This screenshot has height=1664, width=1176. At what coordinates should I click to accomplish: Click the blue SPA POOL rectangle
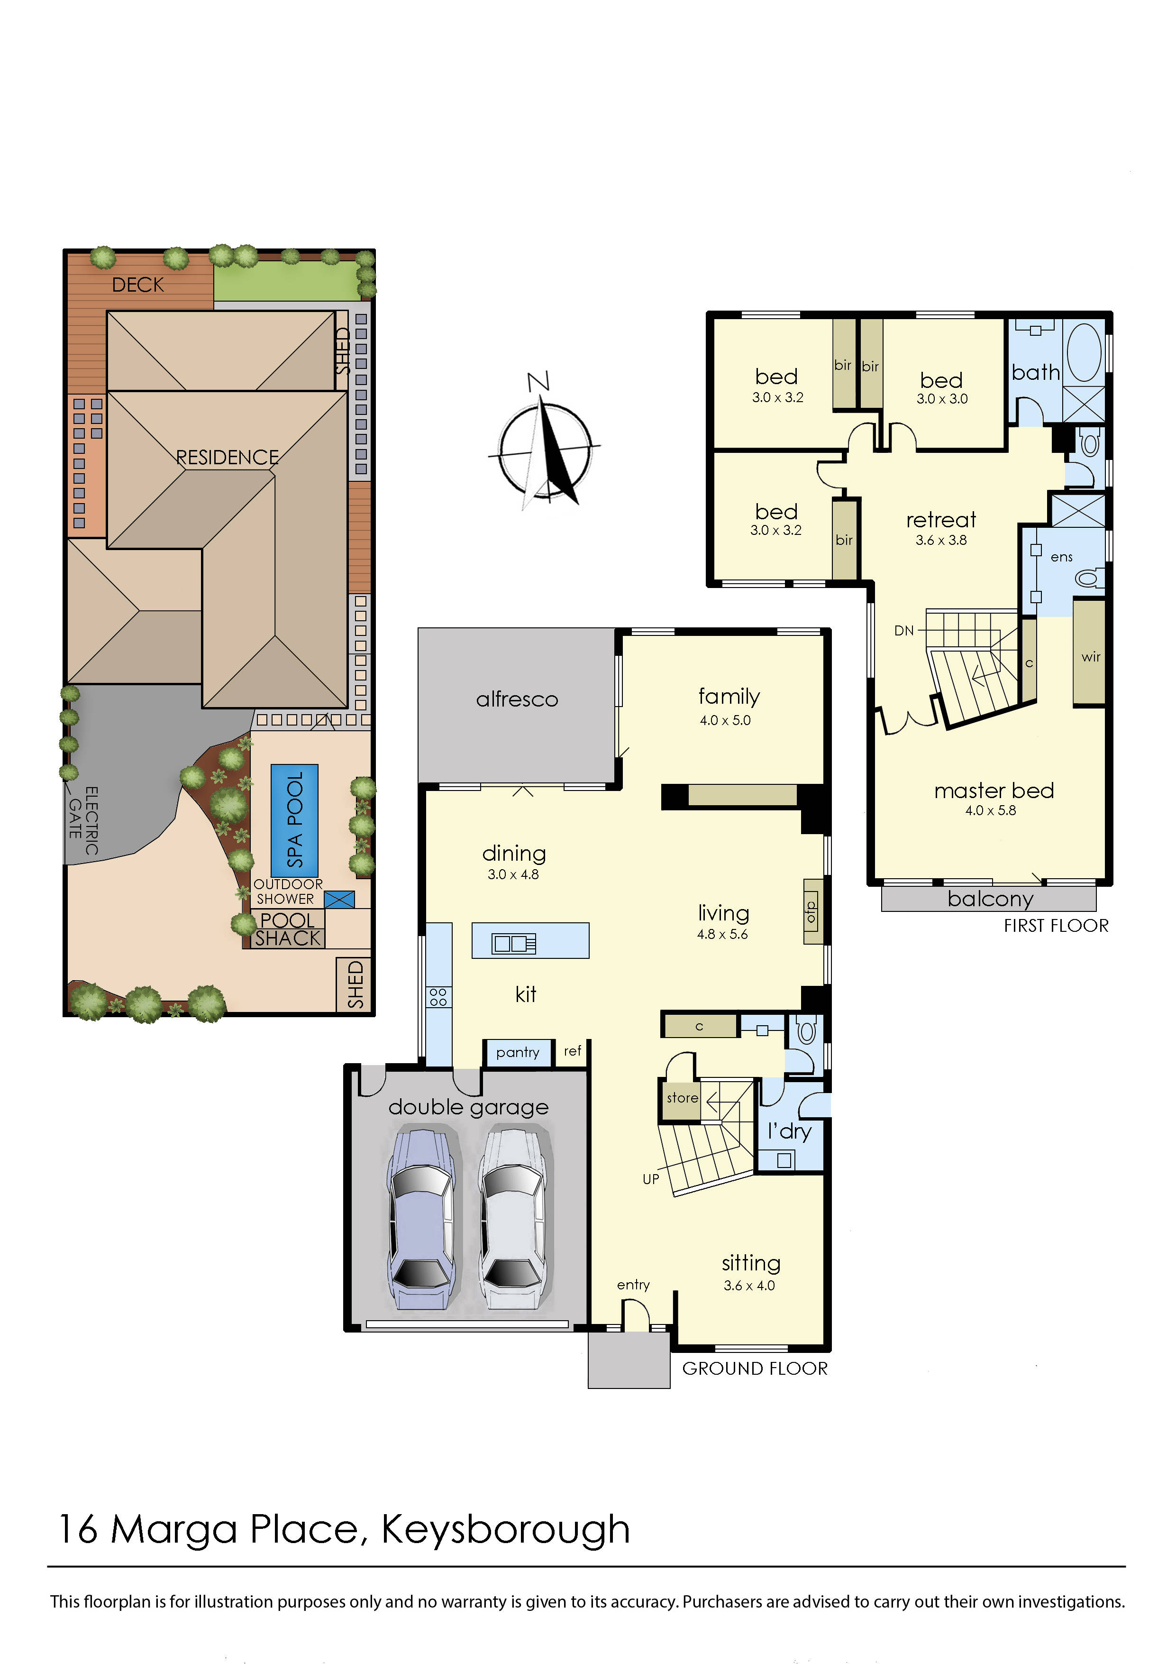point(294,820)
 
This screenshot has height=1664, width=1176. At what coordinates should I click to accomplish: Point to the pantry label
point(517,1052)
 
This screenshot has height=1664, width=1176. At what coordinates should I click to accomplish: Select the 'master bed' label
point(994,790)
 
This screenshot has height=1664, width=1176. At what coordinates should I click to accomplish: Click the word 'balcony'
point(991,900)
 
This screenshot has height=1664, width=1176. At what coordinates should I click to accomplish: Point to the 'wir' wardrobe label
point(1091,657)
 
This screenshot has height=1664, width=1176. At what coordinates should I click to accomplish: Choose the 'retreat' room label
point(940,520)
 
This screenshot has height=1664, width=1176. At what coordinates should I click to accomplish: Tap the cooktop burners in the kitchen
point(438,996)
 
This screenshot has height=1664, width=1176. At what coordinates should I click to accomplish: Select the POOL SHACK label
point(288,929)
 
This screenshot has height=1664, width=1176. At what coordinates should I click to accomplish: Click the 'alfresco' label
point(517,699)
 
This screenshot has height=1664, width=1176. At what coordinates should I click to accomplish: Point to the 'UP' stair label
point(651,1179)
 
